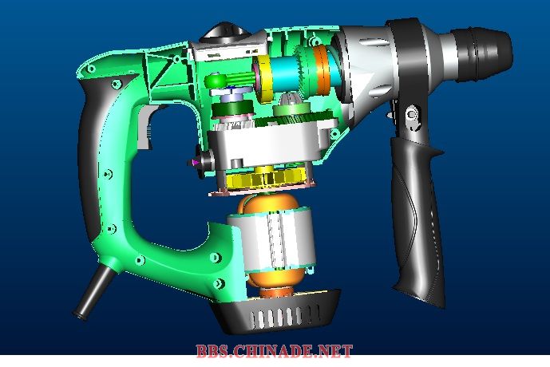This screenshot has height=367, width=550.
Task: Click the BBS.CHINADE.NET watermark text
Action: click(x=274, y=351)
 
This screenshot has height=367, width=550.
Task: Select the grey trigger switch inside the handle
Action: click(x=144, y=128)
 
